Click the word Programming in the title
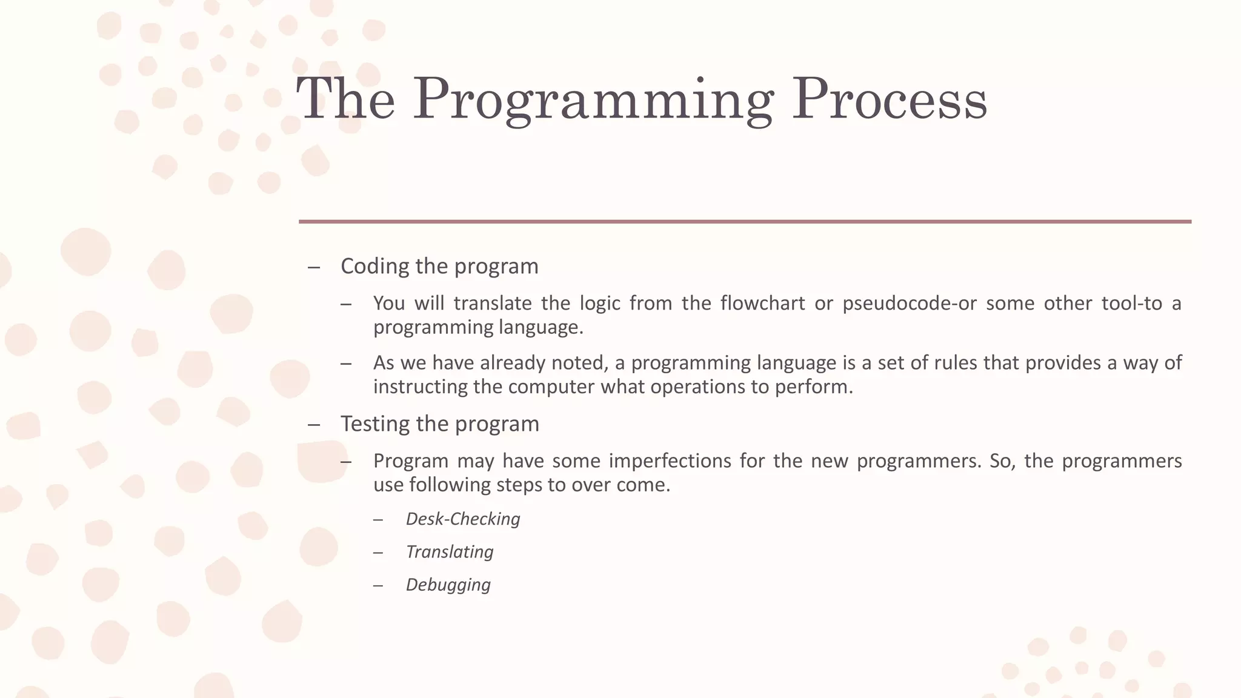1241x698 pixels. [593, 100]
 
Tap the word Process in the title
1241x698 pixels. [890, 100]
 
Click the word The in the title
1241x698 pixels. [345, 100]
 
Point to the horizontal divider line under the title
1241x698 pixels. [745, 222]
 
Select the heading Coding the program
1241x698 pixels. [439, 267]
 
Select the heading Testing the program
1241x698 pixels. [439, 424]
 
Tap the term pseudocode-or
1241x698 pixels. [910, 303]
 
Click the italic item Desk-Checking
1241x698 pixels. [463, 519]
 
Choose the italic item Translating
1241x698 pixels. [450, 552]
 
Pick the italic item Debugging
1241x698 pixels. [448, 585]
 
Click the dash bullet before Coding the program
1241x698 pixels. [313, 267]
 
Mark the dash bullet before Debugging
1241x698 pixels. [378, 585]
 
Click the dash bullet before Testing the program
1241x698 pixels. [313, 425]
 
